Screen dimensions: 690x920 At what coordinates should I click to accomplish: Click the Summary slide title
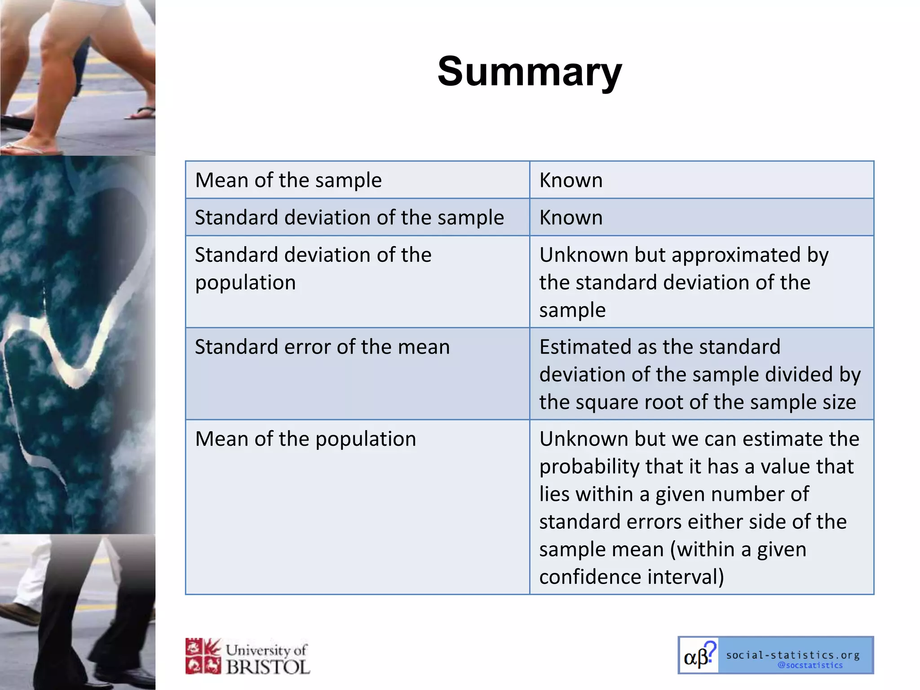point(529,72)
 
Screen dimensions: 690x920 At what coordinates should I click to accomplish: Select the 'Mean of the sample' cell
point(288,180)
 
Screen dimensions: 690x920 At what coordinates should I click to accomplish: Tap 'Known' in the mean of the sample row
point(571,180)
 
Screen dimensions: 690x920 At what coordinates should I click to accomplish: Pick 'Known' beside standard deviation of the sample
point(571,217)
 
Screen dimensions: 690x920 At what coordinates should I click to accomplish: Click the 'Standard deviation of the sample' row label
point(349,217)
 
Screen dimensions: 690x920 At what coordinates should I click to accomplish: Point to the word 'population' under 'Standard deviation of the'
point(245,283)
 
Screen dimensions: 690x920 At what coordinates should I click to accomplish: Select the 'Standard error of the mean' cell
point(322,347)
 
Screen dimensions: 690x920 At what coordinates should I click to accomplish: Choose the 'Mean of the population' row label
point(305,439)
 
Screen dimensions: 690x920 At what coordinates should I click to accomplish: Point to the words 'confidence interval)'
point(631,577)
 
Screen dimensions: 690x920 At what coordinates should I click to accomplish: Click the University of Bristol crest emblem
point(203,656)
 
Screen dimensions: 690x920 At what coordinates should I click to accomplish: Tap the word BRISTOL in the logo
point(268,667)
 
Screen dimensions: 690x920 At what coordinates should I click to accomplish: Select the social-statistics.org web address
point(792,655)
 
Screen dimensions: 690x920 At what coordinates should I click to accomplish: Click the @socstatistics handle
point(810,665)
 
